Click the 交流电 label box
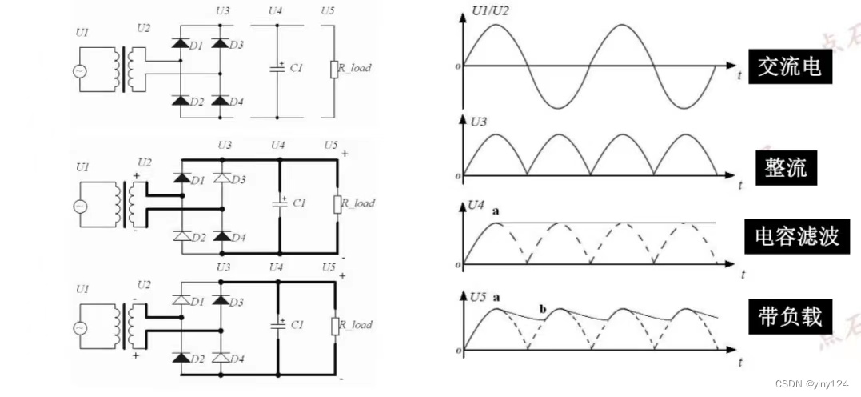(789, 67)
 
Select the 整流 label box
(786, 168)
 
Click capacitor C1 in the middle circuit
(280, 203)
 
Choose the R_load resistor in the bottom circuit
(336, 325)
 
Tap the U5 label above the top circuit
(326, 11)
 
